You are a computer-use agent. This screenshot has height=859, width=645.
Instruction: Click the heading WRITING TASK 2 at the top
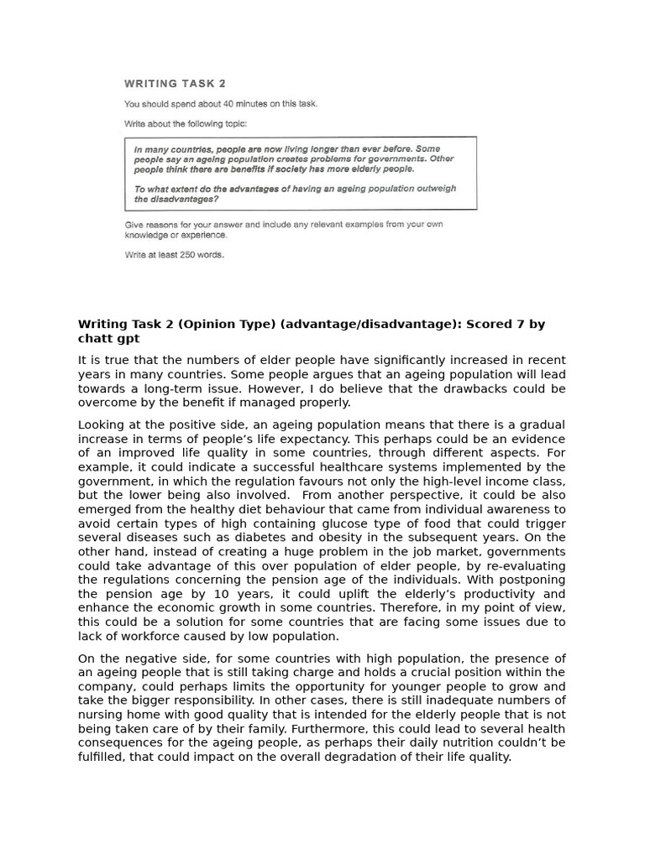coord(175,84)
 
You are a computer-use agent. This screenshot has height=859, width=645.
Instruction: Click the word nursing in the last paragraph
coord(100,715)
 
